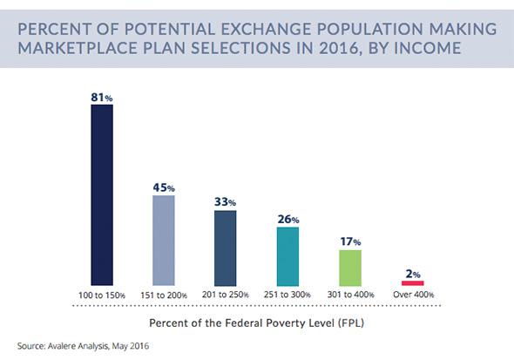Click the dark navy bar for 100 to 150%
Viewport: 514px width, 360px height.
click(102, 195)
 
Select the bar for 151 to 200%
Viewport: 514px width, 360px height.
click(164, 241)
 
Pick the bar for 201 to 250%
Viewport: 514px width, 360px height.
click(226, 248)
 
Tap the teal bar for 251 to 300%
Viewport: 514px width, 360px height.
click(287, 256)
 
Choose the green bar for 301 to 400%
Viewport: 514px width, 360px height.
click(350, 268)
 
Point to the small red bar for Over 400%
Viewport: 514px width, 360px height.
click(413, 283)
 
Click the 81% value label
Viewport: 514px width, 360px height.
click(102, 98)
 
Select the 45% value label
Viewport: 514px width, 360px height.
click(164, 187)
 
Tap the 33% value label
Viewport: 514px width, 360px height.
click(226, 201)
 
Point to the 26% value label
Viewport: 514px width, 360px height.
click(288, 219)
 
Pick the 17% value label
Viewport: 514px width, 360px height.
click(350, 241)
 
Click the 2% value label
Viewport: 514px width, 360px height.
click(413, 274)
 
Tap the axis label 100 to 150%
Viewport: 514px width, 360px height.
click(102, 295)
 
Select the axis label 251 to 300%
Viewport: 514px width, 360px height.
click(287, 295)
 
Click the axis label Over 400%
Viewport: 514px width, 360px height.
click(413, 295)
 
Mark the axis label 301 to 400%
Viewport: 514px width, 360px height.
click(350, 295)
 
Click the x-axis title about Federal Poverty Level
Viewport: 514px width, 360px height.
click(257, 323)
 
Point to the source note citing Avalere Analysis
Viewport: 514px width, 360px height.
click(83, 346)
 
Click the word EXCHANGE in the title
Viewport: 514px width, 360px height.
click(266, 29)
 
